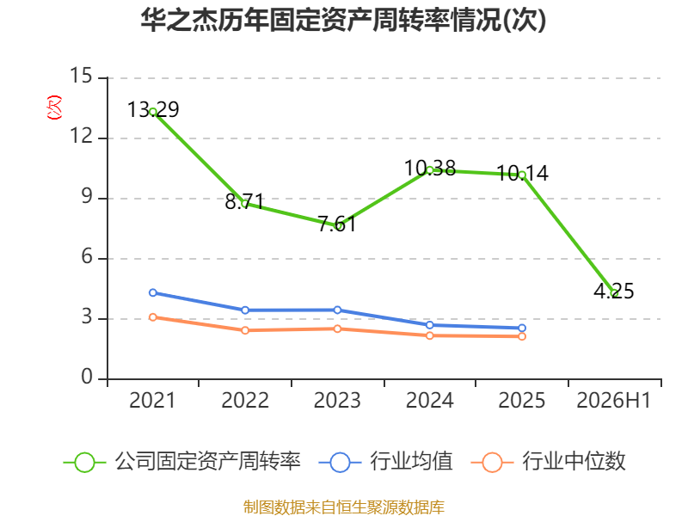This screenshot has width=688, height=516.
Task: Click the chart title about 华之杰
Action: coord(343,20)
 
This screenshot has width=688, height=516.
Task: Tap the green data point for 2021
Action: coord(153,112)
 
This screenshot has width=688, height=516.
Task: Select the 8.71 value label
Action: coord(244,201)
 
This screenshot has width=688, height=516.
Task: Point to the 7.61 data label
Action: coord(337,224)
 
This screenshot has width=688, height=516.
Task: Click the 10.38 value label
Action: coord(430,168)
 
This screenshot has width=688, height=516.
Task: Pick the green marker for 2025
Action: coord(522,175)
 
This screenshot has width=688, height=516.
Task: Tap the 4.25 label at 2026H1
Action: coord(614,291)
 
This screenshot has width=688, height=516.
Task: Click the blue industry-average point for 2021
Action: coord(153,292)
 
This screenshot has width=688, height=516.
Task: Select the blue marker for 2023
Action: coord(337,310)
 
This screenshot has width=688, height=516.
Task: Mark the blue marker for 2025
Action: coord(522,328)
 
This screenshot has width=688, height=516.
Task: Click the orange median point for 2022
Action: coord(245,330)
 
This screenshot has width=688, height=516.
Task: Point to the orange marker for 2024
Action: coord(429,335)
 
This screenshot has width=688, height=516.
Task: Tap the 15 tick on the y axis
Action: coord(81,76)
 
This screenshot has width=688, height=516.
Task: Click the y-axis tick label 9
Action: coord(87,197)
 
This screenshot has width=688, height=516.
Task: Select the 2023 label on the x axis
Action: coord(337,401)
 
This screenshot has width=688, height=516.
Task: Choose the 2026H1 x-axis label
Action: coord(614,401)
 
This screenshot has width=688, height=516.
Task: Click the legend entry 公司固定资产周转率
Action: coord(182,462)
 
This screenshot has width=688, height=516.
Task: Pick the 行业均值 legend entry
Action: coord(385,462)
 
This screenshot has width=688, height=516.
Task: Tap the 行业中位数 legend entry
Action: coord(548,462)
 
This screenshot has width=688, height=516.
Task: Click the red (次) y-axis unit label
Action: coord(54,107)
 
